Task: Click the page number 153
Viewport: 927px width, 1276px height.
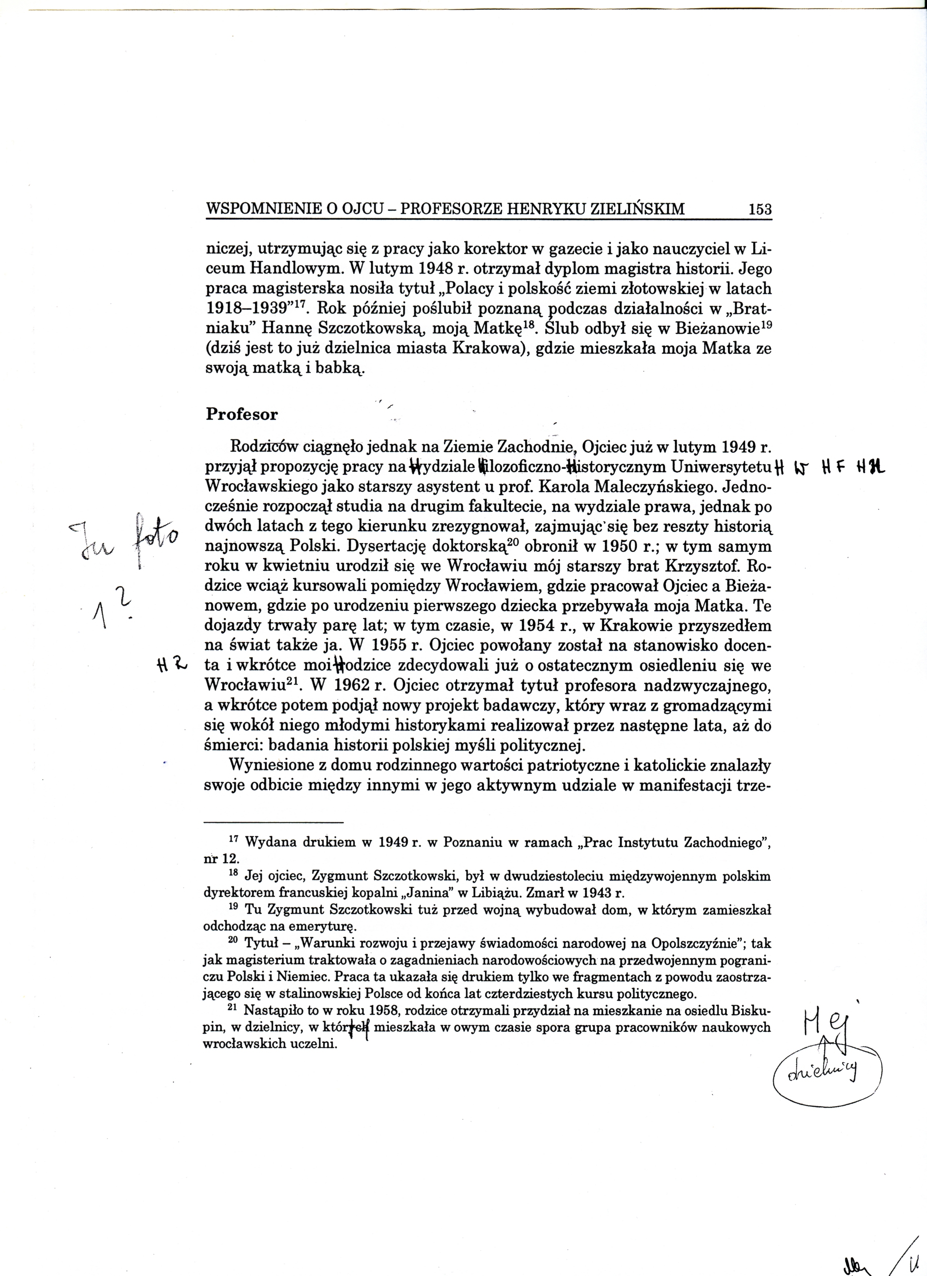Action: tap(760, 210)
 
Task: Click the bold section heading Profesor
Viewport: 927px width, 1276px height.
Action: tap(242, 415)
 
